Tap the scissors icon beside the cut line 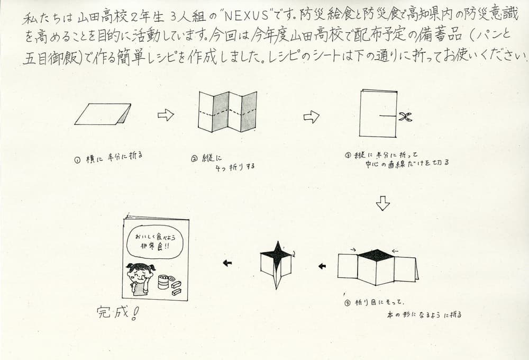405,116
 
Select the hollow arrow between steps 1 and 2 166,115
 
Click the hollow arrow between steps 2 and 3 312,117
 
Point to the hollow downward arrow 383,203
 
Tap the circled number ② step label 194,159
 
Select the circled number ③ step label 348,155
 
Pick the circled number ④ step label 348,303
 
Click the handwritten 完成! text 117,313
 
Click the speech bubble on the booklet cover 154,242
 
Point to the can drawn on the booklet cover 163,282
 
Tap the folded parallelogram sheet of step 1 103,114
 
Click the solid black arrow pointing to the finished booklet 227,263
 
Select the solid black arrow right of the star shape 322,266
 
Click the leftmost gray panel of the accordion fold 220,112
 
